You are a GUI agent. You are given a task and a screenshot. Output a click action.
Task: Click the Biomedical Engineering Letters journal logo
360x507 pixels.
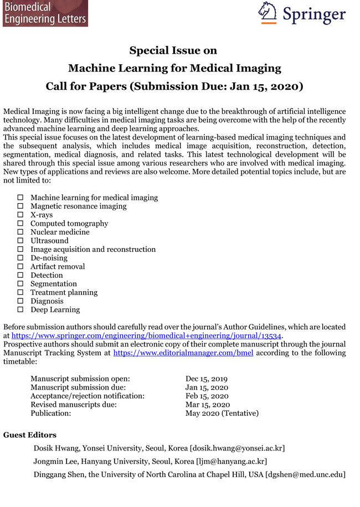tap(44, 13)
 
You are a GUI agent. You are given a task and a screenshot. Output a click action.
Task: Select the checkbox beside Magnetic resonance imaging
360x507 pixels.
tap(20, 206)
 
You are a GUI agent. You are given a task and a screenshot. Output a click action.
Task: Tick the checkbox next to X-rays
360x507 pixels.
tap(20, 215)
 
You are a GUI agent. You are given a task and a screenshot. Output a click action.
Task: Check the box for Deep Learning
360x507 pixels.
tap(20, 310)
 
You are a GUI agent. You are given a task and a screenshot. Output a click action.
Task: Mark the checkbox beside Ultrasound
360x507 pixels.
tap(20, 241)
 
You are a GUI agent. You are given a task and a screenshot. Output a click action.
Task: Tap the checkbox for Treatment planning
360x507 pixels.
tap(20, 293)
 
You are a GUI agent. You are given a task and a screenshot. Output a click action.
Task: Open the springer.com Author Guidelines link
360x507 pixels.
tap(147, 335)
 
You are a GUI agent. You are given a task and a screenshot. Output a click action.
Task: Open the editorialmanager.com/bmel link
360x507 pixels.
tap(183, 353)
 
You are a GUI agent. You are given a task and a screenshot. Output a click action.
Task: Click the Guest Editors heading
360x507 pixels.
tap(30, 435)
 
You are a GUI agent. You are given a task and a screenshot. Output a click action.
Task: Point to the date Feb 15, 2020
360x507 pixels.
tap(207, 396)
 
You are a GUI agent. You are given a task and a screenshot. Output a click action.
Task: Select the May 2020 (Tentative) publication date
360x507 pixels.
tap(222, 413)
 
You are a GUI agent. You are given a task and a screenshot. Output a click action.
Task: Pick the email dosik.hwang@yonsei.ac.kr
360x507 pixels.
tap(239, 448)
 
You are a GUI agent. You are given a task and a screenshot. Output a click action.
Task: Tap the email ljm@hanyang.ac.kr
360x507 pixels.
tap(232, 461)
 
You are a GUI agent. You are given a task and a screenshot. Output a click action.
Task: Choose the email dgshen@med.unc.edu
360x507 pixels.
tap(305, 474)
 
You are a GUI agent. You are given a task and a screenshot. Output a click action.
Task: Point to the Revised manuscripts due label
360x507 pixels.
tap(74, 405)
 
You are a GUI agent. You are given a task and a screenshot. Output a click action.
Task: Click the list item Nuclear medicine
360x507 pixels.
tap(60, 232)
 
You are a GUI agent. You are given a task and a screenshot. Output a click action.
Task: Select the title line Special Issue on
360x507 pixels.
tap(173, 51)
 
